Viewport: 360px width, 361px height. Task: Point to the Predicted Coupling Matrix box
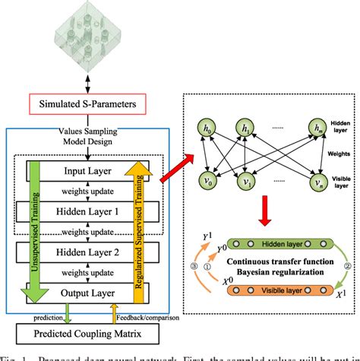pos(88,332)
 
